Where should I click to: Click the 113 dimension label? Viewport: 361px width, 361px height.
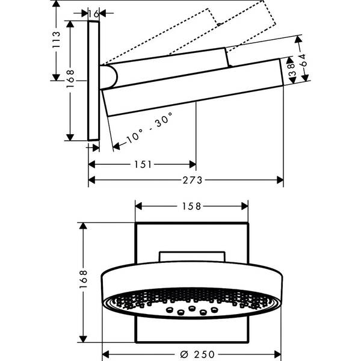click(x=56, y=40)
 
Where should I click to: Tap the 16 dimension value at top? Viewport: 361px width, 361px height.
click(x=93, y=14)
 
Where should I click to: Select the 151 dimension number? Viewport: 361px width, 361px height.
click(x=143, y=165)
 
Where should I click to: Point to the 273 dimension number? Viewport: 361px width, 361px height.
click(x=193, y=180)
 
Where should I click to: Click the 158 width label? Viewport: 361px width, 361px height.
click(x=191, y=206)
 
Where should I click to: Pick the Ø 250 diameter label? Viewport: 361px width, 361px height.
click(x=197, y=354)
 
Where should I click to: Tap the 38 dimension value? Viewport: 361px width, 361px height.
click(x=292, y=70)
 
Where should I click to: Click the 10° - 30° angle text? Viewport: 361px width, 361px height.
click(x=149, y=128)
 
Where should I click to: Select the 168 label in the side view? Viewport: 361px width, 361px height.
click(x=70, y=79)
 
